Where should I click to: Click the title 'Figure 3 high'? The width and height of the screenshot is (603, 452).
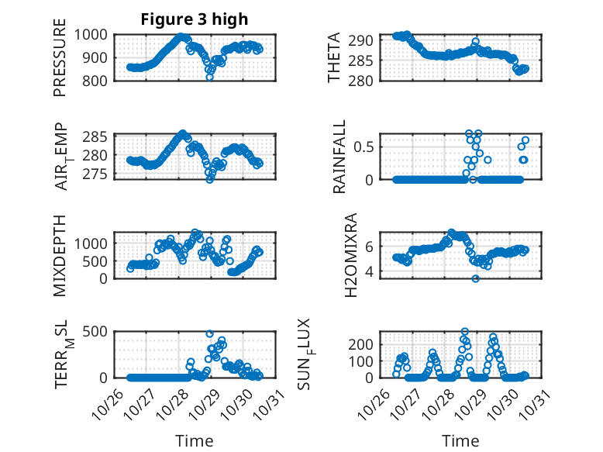click(194, 19)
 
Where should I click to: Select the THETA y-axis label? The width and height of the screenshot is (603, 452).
click(334, 58)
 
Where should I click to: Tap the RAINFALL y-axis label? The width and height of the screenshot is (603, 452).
click(339, 157)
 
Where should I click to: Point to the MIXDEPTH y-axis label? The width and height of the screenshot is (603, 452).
click(60, 255)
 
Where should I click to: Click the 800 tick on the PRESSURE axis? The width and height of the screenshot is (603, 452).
click(100, 80)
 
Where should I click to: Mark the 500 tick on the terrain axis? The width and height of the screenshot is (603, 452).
click(100, 332)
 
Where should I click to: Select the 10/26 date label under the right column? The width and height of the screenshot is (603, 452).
click(376, 402)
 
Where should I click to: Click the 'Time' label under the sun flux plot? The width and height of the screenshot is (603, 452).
click(460, 440)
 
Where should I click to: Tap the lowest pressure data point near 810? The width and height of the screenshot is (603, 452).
click(209, 77)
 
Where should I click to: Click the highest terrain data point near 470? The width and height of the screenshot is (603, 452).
click(209, 333)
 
